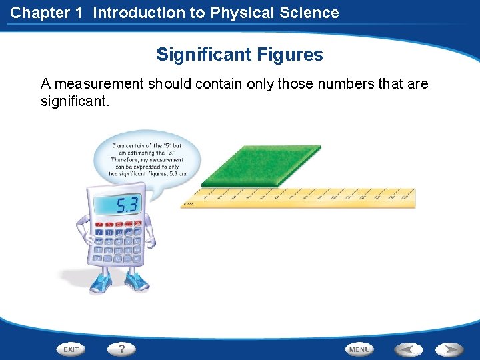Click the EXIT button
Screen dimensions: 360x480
click(x=71, y=349)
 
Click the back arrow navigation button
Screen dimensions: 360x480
click(x=408, y=349)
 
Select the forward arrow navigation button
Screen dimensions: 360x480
click(x=449, y=349)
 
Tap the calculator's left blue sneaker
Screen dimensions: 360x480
click(x=101, y=283)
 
